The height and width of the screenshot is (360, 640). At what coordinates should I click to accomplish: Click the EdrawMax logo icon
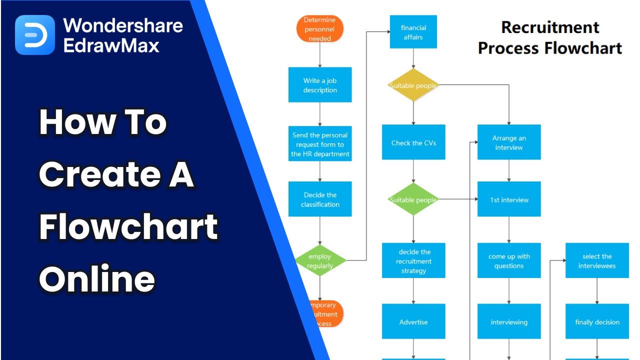click(35, 35)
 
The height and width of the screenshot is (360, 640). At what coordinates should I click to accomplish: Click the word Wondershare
click(123, 25)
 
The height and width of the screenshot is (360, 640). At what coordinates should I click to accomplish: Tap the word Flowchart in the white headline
click(128, 226)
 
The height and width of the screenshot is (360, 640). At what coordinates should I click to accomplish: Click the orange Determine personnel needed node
click(320, 29)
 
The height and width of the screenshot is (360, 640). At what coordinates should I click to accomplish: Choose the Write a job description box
click(320, 85)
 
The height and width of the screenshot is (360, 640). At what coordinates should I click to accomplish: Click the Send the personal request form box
click(320, 144)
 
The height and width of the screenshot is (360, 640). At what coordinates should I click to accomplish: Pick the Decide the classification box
click(320, 199)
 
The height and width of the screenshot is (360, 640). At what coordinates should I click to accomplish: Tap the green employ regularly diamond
click(320, 260)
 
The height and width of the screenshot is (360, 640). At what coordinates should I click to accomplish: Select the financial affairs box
click(413, 32)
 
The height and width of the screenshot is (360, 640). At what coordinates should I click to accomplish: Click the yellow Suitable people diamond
click(413, 85)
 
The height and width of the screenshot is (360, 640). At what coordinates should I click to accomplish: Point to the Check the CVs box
click(413, 142)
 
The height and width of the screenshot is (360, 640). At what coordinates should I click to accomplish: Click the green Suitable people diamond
click(413, 199)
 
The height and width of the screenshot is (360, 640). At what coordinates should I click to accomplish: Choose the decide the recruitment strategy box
click(413, 260)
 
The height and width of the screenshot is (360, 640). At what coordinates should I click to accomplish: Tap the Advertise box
click(413, 321)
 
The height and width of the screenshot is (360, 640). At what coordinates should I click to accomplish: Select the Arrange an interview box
click(509, 142)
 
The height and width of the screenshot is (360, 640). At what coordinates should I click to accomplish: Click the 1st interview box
click(509, 199)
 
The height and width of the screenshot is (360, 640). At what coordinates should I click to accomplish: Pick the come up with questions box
click(509, 260)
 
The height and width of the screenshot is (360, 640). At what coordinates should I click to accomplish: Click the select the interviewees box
click(597, 260)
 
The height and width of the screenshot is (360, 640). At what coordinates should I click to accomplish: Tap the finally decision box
click(597, 321)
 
